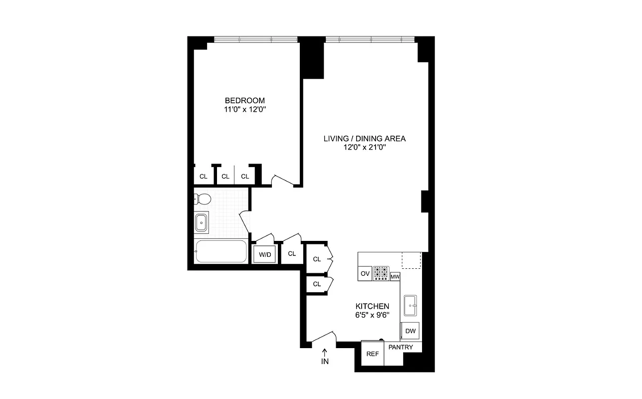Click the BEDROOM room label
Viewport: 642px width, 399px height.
coord(244,100)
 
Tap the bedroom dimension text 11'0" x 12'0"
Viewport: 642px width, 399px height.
coord(244,110)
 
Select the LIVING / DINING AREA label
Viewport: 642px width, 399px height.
coord(364,138)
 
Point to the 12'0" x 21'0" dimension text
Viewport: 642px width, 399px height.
coord(364,148)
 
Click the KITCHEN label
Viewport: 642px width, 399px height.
coord(372,306)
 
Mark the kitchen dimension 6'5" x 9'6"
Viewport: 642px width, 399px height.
coord(372,315)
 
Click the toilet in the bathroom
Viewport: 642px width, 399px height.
coord(202,199)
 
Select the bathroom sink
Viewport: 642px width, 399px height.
coord(202,222)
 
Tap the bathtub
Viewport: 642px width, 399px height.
coord(220,251)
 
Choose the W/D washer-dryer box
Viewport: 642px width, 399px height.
coord(264,255)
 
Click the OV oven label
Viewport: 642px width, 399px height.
coord(365,273)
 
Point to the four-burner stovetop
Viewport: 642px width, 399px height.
coord(381,273)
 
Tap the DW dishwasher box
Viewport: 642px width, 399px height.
coord(410,331)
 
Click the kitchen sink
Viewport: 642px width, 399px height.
coord(411,305)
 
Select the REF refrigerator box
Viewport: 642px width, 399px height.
coord(372,354)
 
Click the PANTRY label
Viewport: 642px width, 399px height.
coord(401,347)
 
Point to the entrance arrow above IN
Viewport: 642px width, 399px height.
coord(325,352)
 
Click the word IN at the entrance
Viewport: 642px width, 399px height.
coord(325,362)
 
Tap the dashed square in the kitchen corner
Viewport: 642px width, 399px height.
coord(412,260)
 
